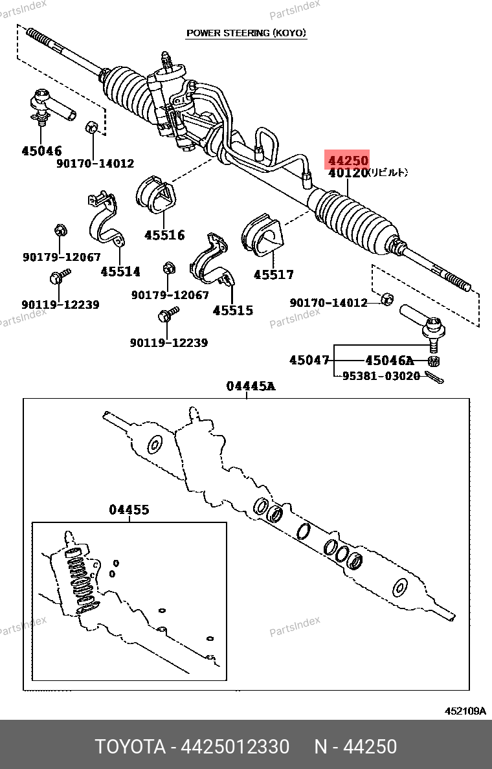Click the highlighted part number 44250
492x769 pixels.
coord(348,161)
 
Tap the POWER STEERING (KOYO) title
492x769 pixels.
coord(247,33)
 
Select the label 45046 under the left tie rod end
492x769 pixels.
coord(41,151)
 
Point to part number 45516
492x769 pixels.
coord(164,235)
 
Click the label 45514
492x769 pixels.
coord(120,271)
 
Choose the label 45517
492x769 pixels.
coord(273,274)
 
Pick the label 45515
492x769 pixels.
coord(233,310)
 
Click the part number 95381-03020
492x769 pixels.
coord(381,375)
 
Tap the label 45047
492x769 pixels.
coord(309,361)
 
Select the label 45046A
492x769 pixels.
coord(388,361)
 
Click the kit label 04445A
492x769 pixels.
coord(251,386)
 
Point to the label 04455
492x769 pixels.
coord(129,510)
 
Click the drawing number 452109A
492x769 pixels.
coord(465,711)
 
